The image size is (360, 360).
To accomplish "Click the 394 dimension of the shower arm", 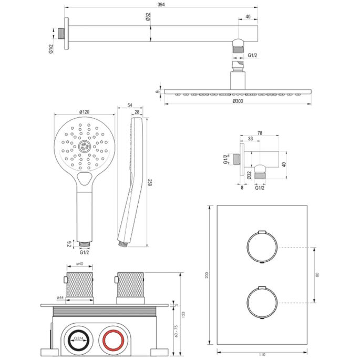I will (x=161, y=4).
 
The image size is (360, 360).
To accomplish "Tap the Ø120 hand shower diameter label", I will (x=84, y=112).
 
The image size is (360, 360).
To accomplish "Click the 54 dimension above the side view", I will (x=130, y=106).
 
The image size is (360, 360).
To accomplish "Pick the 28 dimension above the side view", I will (x=137, y=112).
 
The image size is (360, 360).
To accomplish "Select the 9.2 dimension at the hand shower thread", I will (x=69, y=244).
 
